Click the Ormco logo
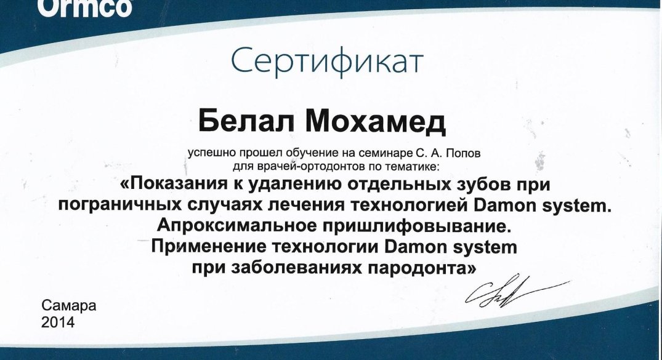(85, 7)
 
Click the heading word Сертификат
(327, 61)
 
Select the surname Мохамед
(375, 122)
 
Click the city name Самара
(69, 305)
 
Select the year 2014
(58, 322)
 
